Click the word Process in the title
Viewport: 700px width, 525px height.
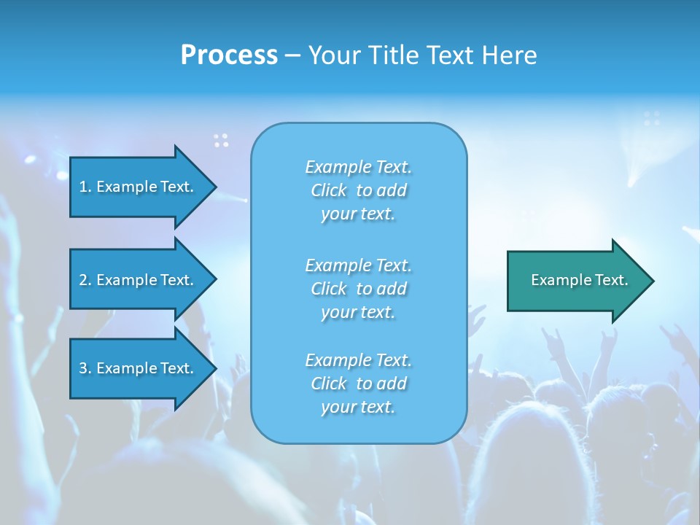click(229, 55)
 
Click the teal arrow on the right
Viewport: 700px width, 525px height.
click(576, 280)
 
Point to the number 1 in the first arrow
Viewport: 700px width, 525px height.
click(83, 187)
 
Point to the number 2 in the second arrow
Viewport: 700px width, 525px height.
click(83, 280)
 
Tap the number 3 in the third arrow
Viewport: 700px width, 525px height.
click(83, 368)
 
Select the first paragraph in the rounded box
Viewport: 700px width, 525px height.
click(358, 190)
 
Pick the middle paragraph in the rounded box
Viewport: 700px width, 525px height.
click(358, 288)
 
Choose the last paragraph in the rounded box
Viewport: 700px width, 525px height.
click(358, 384)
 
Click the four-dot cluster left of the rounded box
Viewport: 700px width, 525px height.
click(221, 140)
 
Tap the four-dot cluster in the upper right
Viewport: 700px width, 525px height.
click(652, 118)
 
